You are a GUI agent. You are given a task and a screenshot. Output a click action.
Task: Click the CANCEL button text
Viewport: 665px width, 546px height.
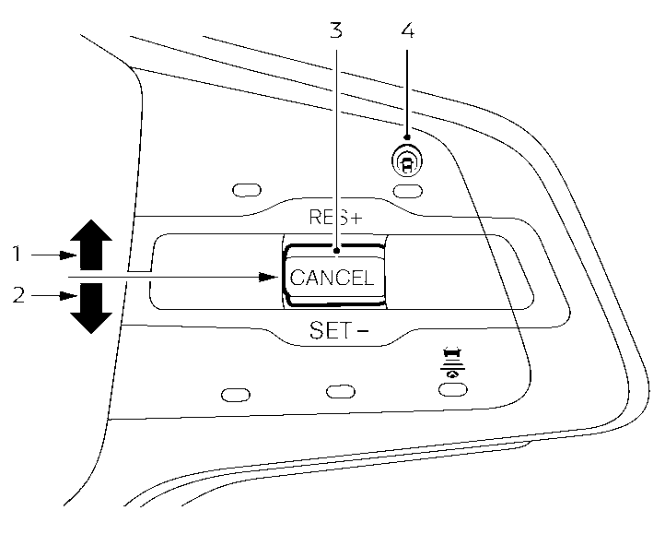(x=332, y=277)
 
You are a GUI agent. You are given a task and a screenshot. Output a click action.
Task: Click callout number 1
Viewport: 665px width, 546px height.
(x=16, y=251)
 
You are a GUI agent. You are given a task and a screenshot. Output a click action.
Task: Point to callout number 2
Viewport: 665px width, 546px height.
(x=16, y=297)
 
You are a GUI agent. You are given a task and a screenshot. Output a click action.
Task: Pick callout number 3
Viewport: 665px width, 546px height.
(x=336, y=30)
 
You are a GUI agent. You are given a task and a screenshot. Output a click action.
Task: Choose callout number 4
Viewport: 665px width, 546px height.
(x=407, y=30)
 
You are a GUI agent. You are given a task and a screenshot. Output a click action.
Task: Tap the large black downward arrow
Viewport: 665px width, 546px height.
(x=89, y=308)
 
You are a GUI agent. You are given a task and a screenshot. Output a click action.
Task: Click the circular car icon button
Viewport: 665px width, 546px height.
(x=406, y=161)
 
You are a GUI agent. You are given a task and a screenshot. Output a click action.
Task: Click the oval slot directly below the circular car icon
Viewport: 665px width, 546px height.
(x=406, y=190)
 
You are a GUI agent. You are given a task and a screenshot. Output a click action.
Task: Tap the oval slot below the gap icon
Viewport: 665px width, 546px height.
(x=450, y=389)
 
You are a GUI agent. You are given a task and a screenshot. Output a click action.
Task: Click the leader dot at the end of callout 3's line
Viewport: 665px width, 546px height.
(x=336, y=249)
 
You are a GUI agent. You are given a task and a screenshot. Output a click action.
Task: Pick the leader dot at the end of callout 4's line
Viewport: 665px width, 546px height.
(x=407, y=138)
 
